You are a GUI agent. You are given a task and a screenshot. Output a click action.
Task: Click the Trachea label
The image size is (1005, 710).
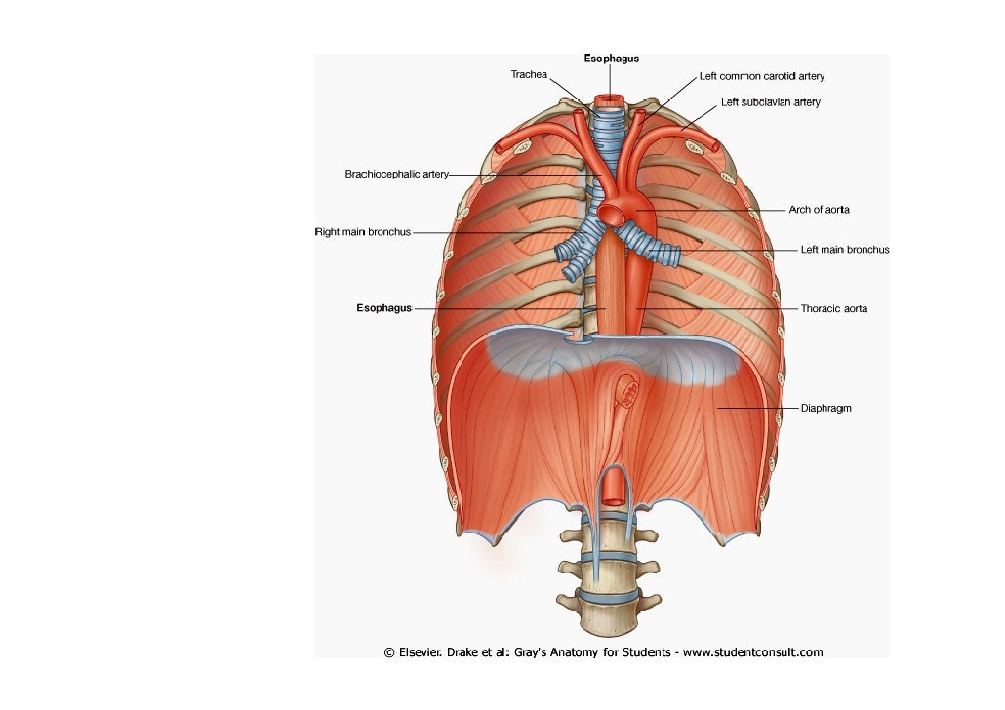click(x=529, y=74)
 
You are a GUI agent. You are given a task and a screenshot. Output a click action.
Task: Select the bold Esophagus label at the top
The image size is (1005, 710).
click(x=612, y=59)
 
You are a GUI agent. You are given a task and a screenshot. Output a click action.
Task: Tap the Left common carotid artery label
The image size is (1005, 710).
click(x=761, y=75)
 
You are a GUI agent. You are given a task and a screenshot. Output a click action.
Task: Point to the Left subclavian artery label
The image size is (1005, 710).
click(x=770, y=102)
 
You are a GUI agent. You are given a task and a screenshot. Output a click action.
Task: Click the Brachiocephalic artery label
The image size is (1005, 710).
click(x=396, y=175)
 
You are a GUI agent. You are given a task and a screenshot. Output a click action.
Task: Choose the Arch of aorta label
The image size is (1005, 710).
click(x=819, y=210)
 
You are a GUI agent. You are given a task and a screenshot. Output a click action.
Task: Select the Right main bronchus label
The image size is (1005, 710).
click(x=362, y=232)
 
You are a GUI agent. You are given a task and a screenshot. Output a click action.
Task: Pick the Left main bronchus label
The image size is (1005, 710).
click(x=844, y=250)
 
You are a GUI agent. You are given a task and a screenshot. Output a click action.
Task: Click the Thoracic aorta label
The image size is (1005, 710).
click(x=833, y=308)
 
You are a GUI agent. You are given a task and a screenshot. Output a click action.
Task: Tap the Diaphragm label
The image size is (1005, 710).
click(x=825, y=408)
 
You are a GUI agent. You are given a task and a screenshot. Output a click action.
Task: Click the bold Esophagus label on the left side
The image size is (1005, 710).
click(x=383, y=308)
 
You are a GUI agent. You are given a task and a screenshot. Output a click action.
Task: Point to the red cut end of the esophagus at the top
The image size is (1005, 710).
click(x=612, y=99)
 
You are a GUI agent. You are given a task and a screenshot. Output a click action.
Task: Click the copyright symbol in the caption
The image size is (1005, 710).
click(x=389, y=652)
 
